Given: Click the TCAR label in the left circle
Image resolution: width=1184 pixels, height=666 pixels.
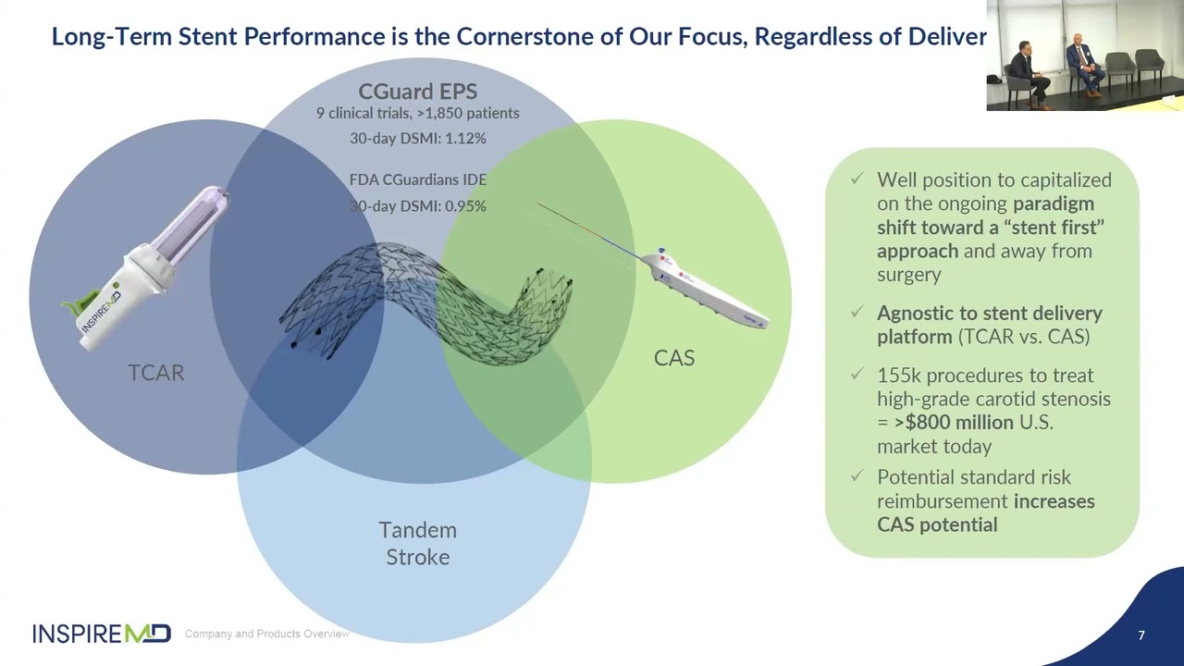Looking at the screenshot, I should pyautogui.click(x=155, y=372).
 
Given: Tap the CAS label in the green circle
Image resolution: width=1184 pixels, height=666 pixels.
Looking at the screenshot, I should pyautogui.click(x=673, y=358).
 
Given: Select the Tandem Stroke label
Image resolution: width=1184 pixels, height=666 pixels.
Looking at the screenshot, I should pyautogui.click(x=417, y=543).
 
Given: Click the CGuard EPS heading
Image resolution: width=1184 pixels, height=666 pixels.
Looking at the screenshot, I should pyautogui.click(x=417, y=92).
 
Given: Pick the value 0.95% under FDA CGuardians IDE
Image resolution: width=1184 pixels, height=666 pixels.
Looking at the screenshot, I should pyautogui.click(x=465, y=206).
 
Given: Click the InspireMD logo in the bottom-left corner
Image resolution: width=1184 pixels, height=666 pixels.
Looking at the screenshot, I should pyautogui.click(x=102, y=634).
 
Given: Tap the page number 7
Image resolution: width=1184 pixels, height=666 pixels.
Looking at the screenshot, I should pyautogui.click(x=1141, y=635).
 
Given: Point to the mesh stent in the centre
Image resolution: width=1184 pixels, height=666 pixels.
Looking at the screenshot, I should pyautogui.click(x=425, y=301).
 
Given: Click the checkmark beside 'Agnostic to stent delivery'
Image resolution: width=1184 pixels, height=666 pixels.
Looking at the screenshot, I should pyautogui.click(x=857, y=313).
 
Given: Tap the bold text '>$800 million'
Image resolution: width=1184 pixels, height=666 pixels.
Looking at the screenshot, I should pyautogui.click(x=954, y=423).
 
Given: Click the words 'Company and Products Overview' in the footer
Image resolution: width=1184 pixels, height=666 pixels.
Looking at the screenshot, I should pyautogui.click(x=266, y=634).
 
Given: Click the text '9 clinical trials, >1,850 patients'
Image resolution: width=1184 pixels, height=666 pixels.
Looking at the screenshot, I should pyautogui.click(x=417, y=114).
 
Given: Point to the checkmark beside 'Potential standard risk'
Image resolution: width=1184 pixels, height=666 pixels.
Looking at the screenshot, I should pyautogui.click(x=857, y=476).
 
